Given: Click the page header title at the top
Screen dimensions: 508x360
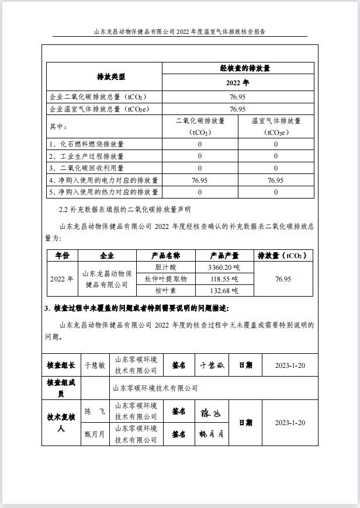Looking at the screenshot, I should point(179,32).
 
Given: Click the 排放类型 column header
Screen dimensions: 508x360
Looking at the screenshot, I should point(110,76).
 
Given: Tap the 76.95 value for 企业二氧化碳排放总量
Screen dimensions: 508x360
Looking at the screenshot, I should point(237,96).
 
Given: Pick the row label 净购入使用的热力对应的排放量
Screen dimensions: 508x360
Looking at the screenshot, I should point(104,192).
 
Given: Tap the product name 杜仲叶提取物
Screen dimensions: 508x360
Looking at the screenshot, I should point(165,279).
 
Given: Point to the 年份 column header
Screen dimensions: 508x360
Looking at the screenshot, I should point(62,256).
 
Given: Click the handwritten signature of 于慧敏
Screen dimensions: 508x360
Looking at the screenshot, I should point(211,366).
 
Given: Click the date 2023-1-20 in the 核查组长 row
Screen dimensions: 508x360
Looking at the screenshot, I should point(289,365).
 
